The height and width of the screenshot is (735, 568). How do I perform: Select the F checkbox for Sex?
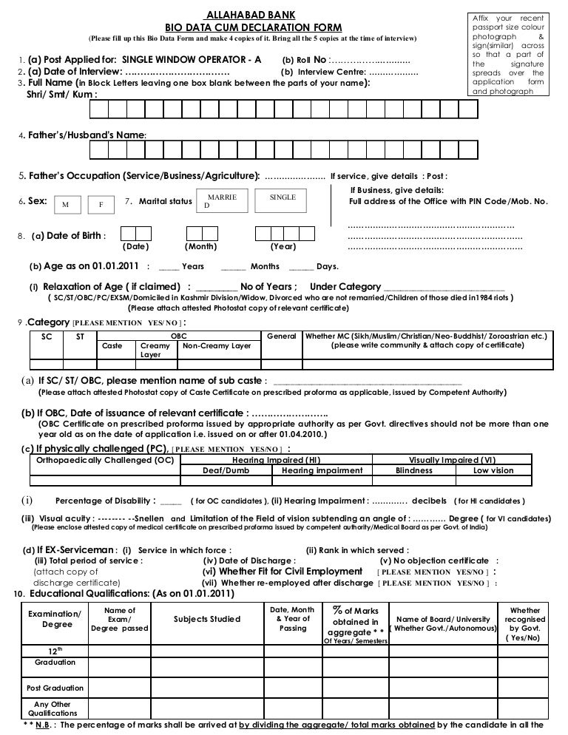point(101,204)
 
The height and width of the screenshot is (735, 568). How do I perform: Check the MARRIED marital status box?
point(222,202)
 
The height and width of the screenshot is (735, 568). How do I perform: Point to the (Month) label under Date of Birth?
point(200,246)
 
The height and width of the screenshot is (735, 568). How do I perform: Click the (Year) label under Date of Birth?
point(283,246)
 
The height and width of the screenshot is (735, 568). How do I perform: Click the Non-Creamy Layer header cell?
point(217,345)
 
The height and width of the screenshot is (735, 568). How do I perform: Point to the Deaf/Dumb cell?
point(226,470)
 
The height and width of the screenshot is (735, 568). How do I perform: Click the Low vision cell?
point(493,470)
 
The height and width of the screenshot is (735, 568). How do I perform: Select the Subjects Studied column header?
point(206,618)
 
